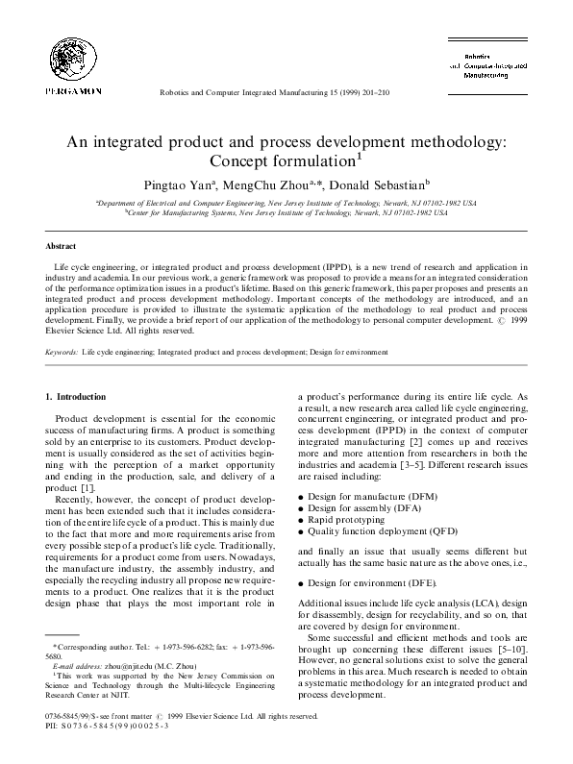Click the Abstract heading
61,246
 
